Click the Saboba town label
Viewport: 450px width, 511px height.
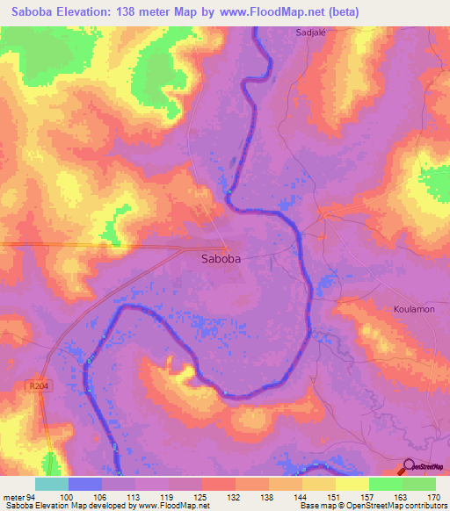point(221,259)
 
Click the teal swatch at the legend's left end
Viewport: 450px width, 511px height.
point(52,485)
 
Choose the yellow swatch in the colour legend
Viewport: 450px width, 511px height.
point(352,485)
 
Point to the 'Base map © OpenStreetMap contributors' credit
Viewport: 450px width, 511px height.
point(373,505)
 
